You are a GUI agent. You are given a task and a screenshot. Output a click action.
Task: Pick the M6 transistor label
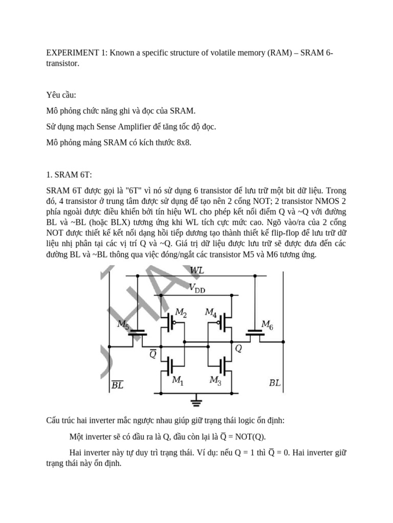[x=267, y=324]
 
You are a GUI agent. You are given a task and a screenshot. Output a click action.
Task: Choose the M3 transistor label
[x=215, y=380]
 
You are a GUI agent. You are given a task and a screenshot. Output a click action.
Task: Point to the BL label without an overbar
[x=275, y=383]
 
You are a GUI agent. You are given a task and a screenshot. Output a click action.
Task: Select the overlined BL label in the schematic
[x=117, y=385]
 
